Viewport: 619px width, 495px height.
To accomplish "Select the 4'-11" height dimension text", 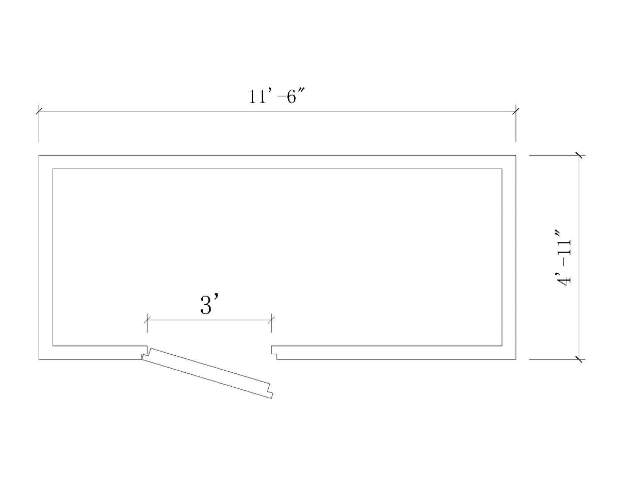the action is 564,258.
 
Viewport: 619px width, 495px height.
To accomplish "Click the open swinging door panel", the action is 207,373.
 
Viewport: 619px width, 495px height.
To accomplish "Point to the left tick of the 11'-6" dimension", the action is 39,111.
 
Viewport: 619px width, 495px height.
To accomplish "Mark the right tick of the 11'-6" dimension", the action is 516,111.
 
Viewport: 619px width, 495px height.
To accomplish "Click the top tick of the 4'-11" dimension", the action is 579,155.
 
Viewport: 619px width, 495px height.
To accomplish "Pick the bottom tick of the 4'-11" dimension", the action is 579,359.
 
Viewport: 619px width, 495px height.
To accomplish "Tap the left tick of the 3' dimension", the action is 148,320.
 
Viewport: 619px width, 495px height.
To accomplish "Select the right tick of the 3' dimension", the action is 271,320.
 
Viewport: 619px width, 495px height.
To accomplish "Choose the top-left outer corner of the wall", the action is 39,155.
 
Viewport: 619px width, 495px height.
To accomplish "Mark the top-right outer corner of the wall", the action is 516,155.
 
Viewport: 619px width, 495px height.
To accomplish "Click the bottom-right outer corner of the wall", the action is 516,359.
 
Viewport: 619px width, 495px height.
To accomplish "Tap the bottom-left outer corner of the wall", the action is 39,359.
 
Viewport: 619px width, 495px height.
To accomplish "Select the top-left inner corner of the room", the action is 53,169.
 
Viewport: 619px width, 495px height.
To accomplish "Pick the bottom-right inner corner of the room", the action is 502,345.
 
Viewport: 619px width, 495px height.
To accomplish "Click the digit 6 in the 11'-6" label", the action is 291,97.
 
